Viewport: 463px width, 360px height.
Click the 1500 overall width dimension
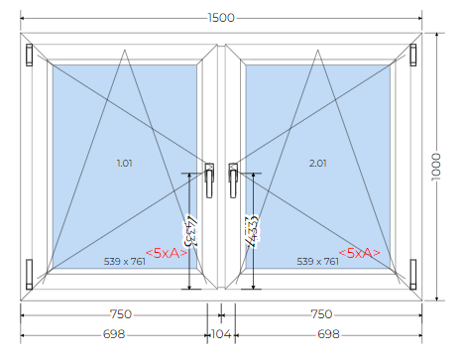pos(221,18)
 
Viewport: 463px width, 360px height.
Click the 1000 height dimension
pos(436,167)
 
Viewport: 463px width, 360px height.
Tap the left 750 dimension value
pos(121,314)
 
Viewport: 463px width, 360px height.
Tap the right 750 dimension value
pos(321,314)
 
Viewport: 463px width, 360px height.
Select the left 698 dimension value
pos(114,334)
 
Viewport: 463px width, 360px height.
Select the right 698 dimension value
pos(328,334)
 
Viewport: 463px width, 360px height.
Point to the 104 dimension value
pos(221,334)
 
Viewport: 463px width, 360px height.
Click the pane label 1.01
pos(125,163)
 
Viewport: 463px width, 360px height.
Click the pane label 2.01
pos(317,163)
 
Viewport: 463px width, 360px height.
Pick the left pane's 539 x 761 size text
pos(125,262)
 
